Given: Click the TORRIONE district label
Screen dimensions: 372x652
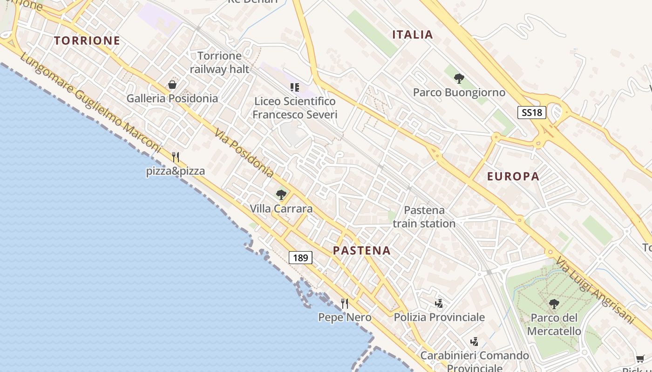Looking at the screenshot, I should click(x=87, y=40).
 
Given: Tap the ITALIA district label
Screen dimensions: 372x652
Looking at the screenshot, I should click(x=413, y=34).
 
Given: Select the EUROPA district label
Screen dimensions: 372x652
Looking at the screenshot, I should click(x=513, y=176).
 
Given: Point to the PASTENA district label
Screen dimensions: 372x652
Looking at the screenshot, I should click(x=362, y=251).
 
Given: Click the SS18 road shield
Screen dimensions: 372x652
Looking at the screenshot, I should click(x=531, y=113).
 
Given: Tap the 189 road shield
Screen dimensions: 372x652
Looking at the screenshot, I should click(x=300, y=257).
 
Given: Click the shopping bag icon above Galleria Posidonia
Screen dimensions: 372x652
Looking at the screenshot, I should click(x=172, y=85).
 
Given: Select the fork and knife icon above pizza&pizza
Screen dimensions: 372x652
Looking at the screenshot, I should click(x=176, y=157).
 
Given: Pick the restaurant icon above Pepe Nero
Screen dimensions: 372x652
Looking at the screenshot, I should click(x=345, y=304).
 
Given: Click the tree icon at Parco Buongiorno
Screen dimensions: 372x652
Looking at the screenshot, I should click(x=459, y=79).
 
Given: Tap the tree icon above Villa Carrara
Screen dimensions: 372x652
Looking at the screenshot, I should click(x=281, y=195).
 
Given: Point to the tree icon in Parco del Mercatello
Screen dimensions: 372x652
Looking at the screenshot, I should click(x=554, y=304).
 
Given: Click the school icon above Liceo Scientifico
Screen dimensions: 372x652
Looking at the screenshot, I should click(x=294, y=87).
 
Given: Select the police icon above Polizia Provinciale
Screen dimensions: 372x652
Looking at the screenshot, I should click(x=439, y=304).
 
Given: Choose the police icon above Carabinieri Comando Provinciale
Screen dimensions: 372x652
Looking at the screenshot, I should click(x=475, y=342).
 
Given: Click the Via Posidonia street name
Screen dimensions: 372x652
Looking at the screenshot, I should click(x=244, y=153).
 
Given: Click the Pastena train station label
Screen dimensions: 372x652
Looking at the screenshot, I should click(x=424, y=217).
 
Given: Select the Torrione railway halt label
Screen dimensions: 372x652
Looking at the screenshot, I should click(x=219, y=62).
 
